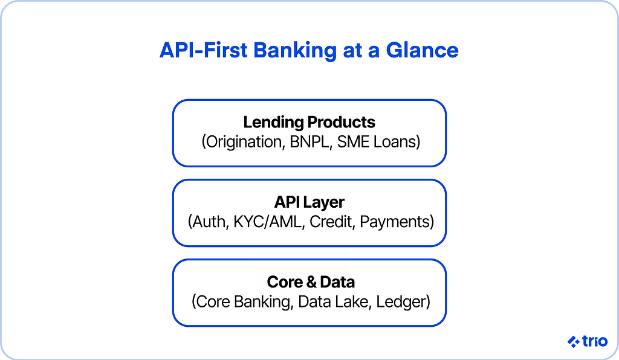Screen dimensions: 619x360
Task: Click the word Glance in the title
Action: (422, 50)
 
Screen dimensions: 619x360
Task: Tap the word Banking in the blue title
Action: (295, 51)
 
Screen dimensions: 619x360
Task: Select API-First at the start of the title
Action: (203, 50)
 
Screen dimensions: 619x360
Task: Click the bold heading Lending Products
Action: (309, 122)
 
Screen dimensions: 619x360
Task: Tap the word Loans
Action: (397, 142)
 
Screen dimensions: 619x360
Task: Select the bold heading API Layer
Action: (309, 202)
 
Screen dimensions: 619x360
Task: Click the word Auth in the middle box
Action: (209, 222)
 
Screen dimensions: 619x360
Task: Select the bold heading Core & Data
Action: (311, 282)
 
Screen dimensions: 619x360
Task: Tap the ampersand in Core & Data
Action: (311, 282)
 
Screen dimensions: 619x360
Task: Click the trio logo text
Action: (595, 341)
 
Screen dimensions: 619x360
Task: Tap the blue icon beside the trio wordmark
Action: (574, 341)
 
